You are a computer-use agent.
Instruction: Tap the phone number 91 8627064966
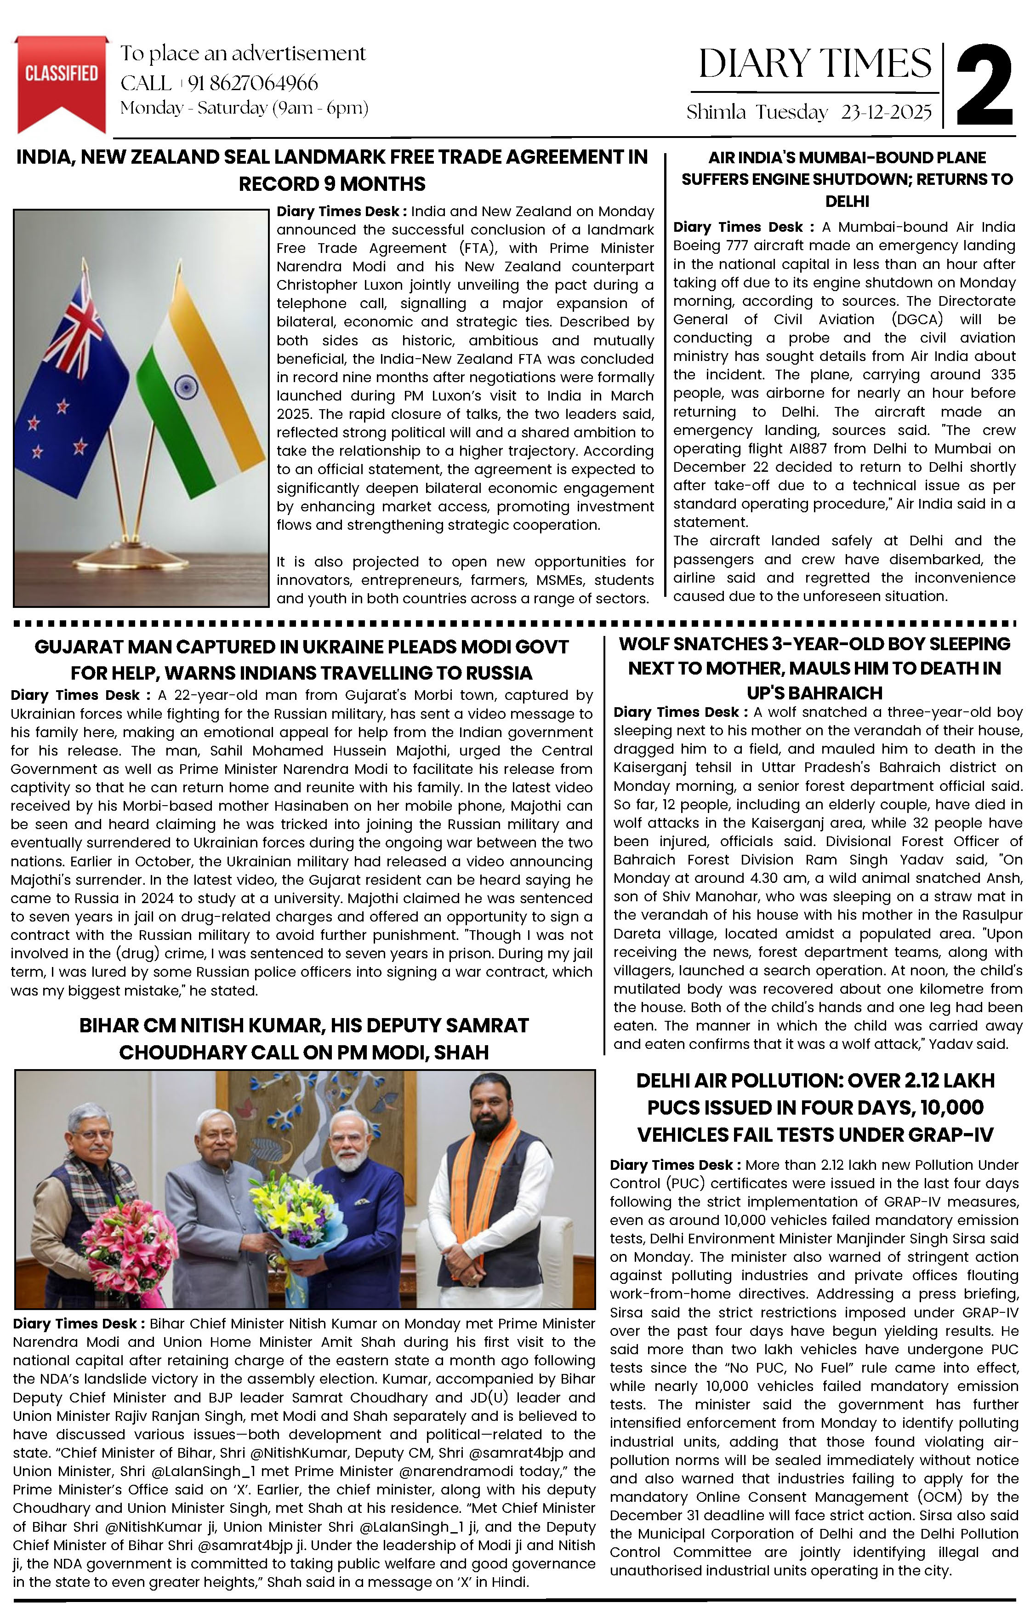(253, 83)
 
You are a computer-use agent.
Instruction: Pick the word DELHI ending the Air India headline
(847, 201)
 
